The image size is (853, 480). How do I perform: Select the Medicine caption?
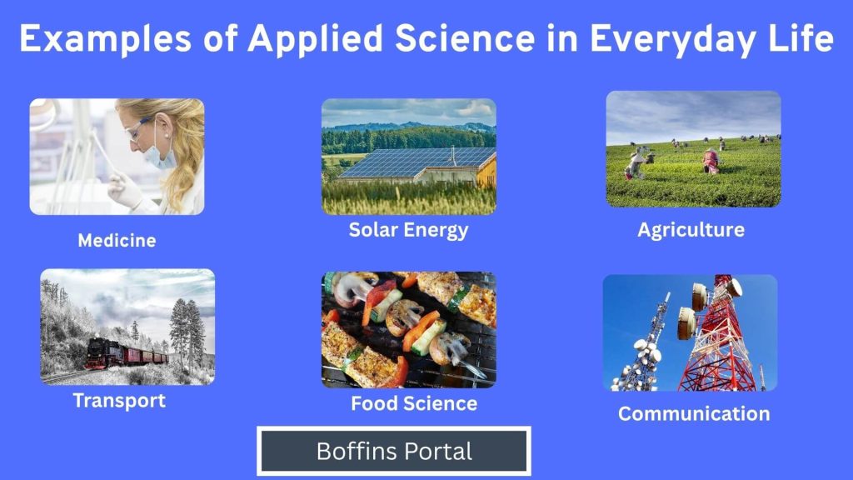point(117,240)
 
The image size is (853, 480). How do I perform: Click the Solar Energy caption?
point(408,230)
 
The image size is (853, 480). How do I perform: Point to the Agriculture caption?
point(691,230)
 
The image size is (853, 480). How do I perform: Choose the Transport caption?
point(119,401)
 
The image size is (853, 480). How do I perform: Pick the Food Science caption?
point(414,403)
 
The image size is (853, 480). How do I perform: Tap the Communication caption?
point(694,413)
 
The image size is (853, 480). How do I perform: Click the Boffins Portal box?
point(394,451)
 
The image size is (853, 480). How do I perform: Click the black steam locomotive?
point(104,352)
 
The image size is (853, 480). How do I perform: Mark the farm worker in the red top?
point(710,162)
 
